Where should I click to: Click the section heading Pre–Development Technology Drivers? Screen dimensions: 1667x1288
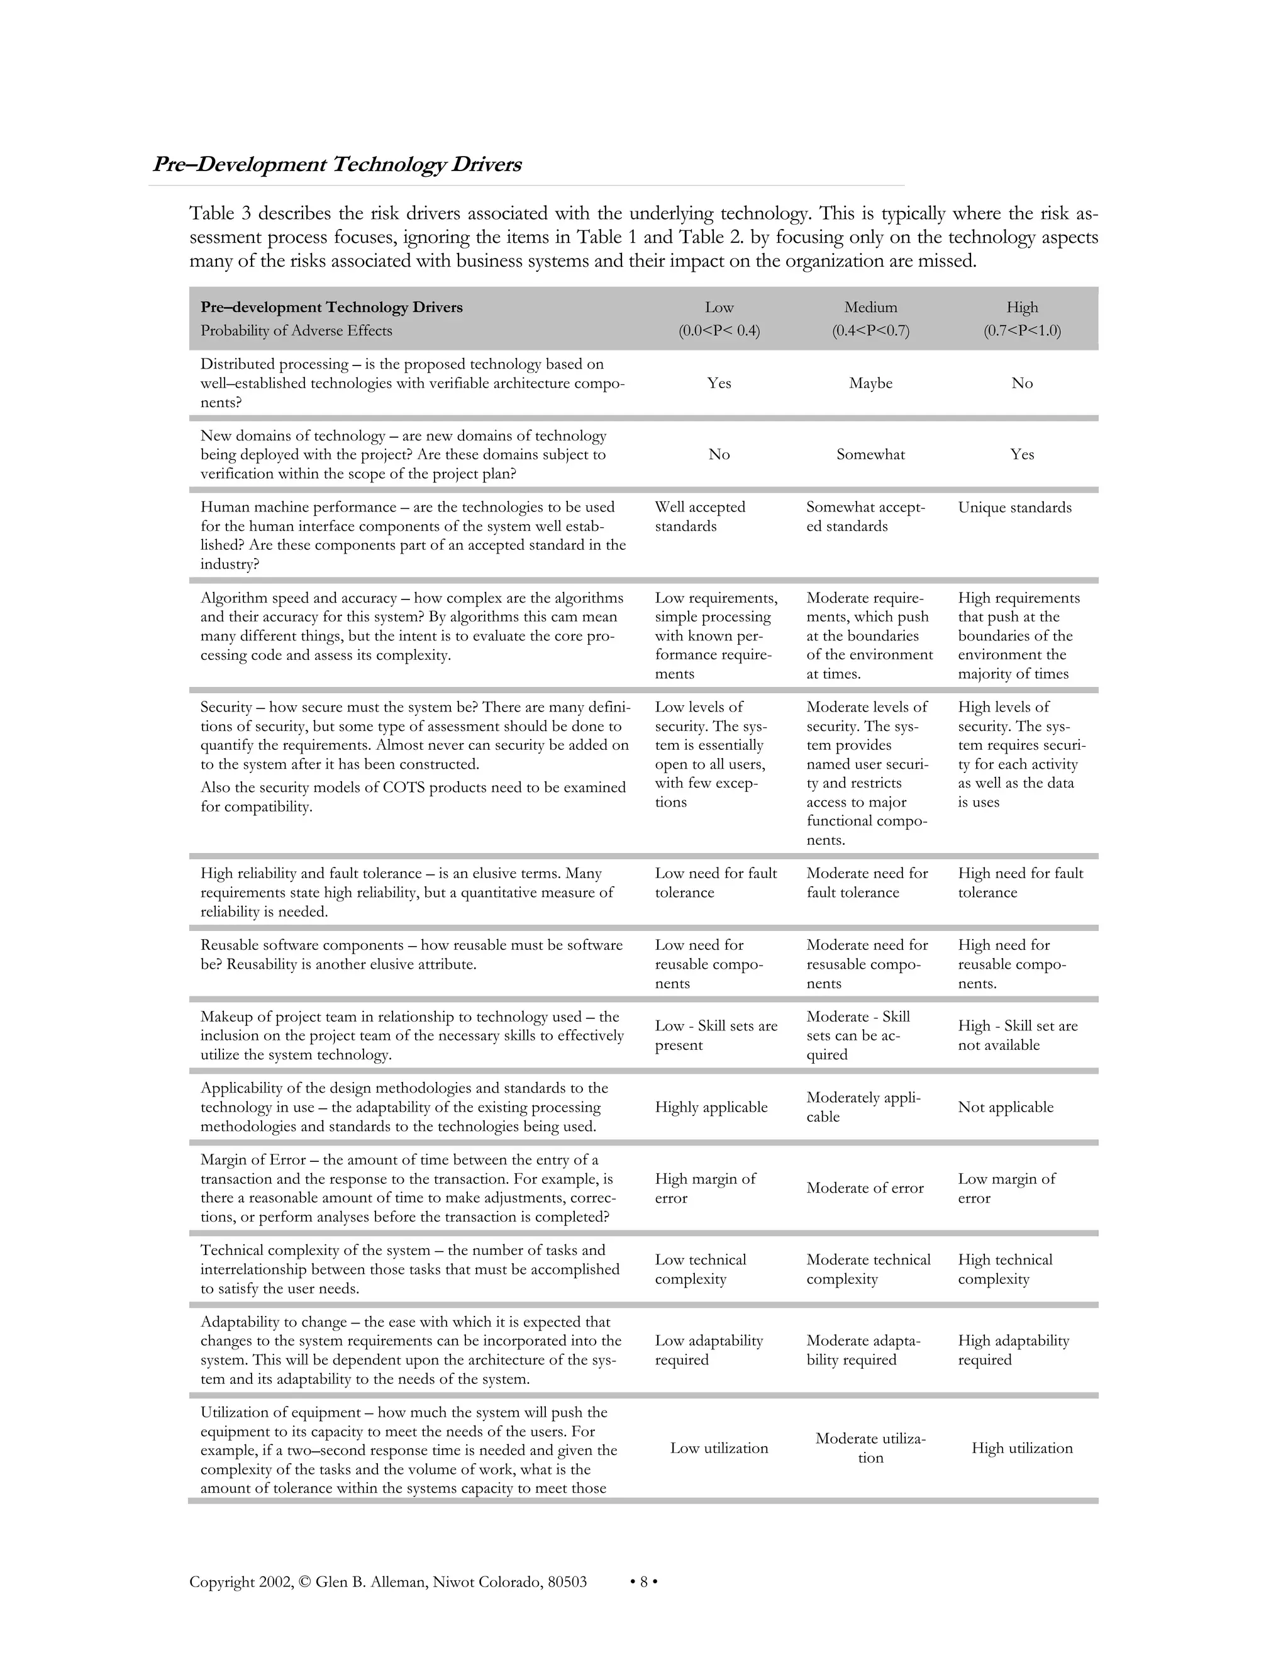click(x=336, y=165)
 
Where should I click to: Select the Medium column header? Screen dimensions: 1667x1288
click(x=870, y=307)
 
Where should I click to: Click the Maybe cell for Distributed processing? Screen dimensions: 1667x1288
click(x=870, y=383)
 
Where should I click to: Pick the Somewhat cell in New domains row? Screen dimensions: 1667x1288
click(x=870, y=454)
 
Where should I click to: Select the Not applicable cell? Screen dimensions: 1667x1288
click(x=1005, y=1107)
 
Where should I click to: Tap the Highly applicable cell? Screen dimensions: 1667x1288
click(x=711, y=1107)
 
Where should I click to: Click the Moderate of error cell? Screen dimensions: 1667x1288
click(x=865, y=1188)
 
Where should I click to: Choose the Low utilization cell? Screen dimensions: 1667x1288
click(x=719, y=1448)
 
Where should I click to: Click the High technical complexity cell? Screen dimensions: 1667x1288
click(x=1004, y=1269)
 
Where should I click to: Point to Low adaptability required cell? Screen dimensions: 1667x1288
click(x=708, y=1349)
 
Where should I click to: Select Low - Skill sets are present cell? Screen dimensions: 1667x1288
click(x=715, y=1035)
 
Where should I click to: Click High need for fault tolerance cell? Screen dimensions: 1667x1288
click(x=1019, y=883)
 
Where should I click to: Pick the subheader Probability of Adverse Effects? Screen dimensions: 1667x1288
click(x=296, y=330)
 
